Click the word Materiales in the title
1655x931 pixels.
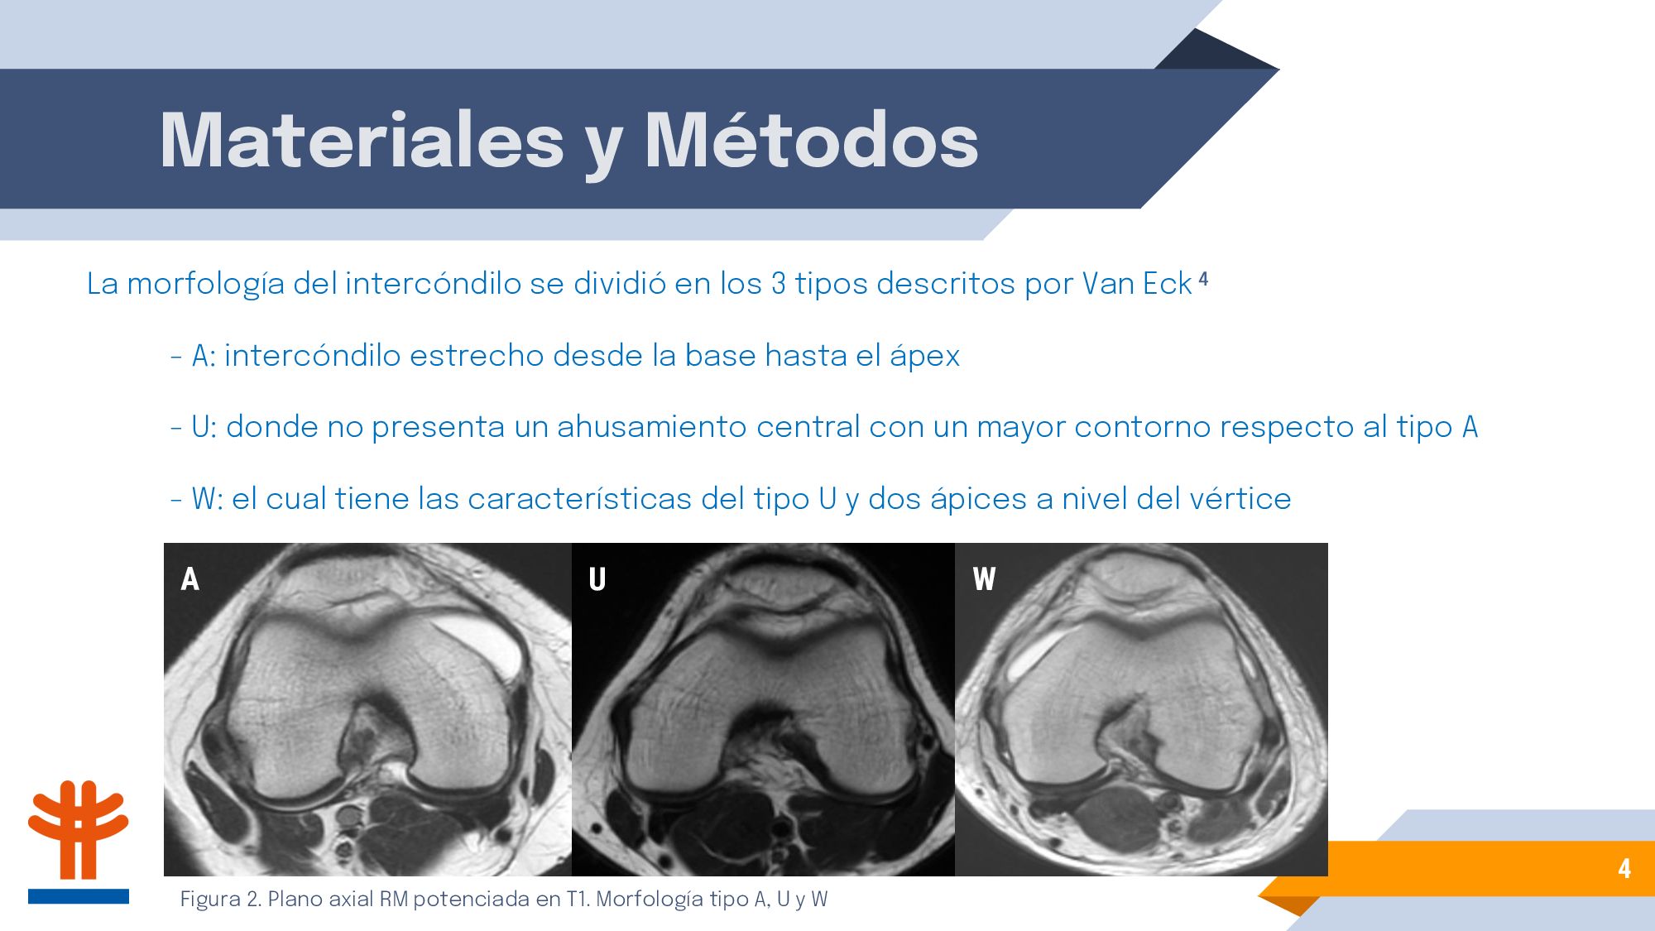coord(362,140)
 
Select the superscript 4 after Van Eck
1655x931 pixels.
coord(1203,280)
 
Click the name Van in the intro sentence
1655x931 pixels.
coord(1109,284)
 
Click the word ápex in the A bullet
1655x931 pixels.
coord(924,357)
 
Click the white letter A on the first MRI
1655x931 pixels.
coord(190,579)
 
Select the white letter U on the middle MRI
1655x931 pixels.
coord(597,579)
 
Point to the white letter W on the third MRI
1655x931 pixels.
coord(984,579)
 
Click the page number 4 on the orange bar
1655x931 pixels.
coord(1624,868)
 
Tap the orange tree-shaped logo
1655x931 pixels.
coord(79,829)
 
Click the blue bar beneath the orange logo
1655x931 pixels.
coord(79,896)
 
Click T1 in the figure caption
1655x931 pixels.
coord(577,899)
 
